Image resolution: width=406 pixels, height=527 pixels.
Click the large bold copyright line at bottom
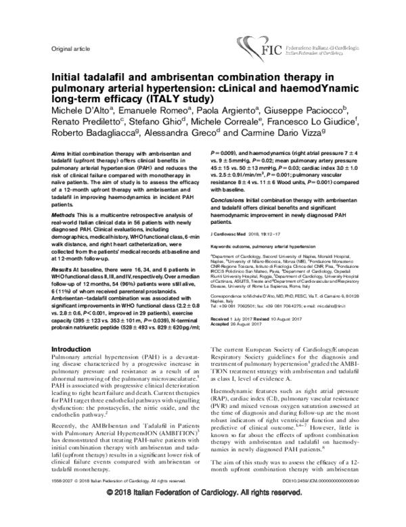(203, 513)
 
